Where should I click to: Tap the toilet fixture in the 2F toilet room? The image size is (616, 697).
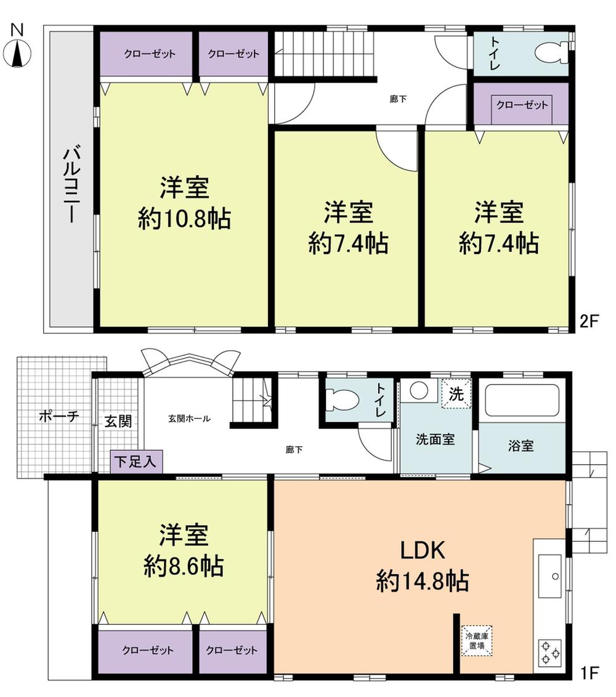551,54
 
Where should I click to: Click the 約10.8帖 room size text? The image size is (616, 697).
184,218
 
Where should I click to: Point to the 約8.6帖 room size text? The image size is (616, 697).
184,566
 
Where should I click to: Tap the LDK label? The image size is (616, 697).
423,551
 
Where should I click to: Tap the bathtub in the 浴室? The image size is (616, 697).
522,401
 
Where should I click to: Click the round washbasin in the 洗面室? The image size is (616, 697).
419,391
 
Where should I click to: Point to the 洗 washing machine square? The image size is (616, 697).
456,395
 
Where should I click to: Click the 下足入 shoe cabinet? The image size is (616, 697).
137,461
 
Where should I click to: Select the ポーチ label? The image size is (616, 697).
59,416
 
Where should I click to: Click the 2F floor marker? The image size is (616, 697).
589,322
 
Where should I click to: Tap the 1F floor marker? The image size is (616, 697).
588,672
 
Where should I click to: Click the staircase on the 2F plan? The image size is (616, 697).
324,54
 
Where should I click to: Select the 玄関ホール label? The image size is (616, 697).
190,418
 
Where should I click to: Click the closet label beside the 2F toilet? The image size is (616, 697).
522,105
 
